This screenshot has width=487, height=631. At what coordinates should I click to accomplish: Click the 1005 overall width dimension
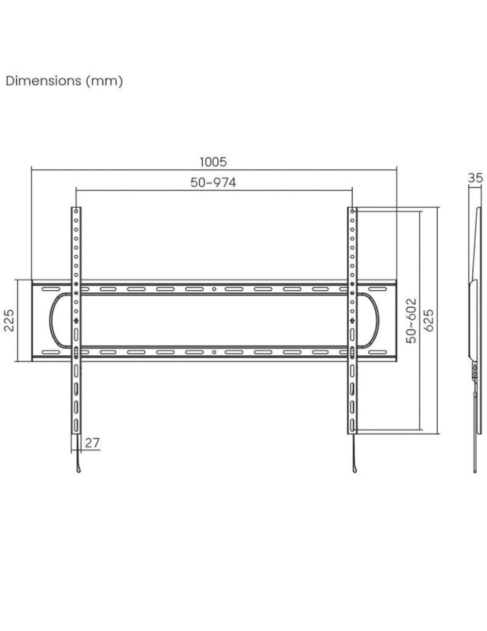(x=213, y=162)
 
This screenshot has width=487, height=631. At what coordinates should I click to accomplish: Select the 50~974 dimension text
(x=213, y=182)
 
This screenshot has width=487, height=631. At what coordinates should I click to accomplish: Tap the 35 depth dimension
(x=475, y=179)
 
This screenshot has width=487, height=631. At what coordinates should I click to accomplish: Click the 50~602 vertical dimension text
(x=412, y=321)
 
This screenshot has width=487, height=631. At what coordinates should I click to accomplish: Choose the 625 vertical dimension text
(x=430, y=321)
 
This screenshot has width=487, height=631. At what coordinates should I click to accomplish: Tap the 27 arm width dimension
(x=92, y=443)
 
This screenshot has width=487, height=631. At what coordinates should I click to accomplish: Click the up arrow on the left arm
(x=76, y=321)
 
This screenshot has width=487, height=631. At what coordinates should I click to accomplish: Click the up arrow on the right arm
(x=352, y=321)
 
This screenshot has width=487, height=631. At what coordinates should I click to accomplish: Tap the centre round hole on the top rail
(x=214, y=289)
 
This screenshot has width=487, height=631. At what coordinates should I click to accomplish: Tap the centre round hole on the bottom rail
(x=214, y=352)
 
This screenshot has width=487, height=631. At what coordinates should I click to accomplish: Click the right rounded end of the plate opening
(x=378, y=321)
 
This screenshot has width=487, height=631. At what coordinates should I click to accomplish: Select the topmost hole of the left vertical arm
(x=76, y=211)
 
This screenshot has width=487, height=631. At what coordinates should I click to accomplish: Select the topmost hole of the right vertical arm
(x=352, y=211)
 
